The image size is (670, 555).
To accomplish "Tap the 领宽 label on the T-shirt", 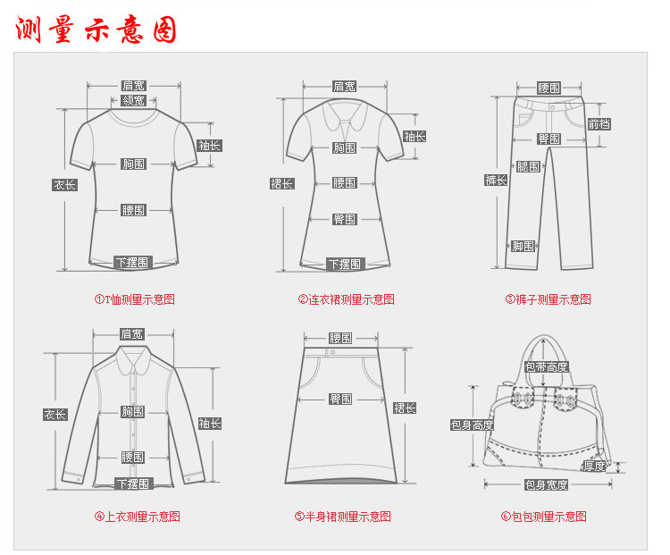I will click(134, 101).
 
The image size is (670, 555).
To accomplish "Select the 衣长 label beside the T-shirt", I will click(64, 185).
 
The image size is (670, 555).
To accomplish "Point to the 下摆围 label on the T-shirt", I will click(133, 262).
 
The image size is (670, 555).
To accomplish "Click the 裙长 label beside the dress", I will click(282, 183).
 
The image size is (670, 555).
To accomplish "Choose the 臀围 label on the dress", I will click(345, 219).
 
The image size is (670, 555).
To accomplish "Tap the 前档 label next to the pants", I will click(599, 124).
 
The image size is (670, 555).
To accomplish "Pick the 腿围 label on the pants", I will click(528, 166).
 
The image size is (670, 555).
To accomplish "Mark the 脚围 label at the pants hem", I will click(523, 246).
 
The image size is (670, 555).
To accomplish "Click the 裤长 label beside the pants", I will click(496, 181).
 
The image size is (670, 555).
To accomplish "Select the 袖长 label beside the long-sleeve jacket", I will click(210, 423).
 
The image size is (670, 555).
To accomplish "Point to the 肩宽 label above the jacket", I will click(132, 333).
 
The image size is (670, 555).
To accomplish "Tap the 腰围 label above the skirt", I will click(340, 338).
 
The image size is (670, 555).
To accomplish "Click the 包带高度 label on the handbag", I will click(546, 366).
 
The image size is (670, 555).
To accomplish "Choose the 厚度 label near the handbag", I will click(594, 466).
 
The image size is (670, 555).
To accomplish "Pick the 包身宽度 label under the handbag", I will click(546, 484).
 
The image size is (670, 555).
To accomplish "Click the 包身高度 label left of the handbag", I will click(472, 425).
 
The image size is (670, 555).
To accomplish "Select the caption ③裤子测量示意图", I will click(548, 299).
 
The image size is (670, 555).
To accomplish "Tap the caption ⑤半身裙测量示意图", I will click(343, 517).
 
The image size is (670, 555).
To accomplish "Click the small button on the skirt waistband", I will click(331, 353).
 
